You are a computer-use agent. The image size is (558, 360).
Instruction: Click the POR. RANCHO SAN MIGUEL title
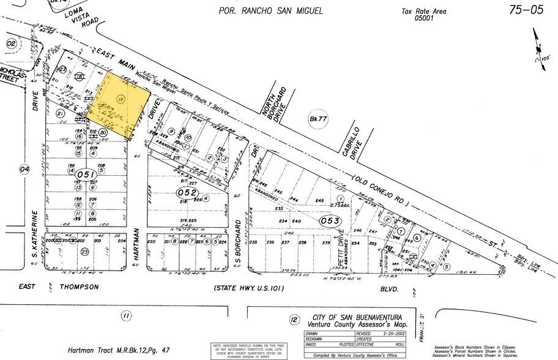(270, 10)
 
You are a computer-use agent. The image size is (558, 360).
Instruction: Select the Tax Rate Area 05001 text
(423, 15)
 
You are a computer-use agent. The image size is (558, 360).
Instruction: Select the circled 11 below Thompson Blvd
(125, 315)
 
